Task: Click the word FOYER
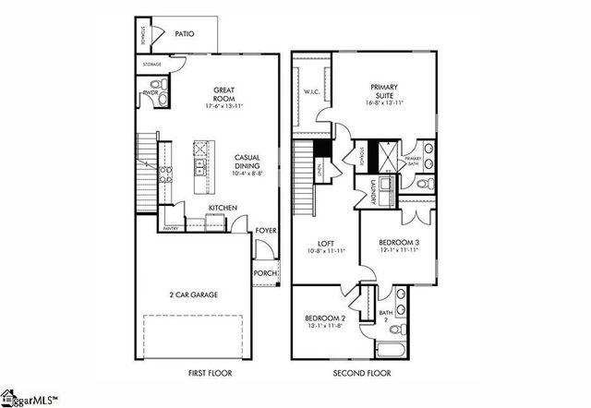click(265, 231)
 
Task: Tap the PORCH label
click(264, 274)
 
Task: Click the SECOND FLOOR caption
click(362, 374)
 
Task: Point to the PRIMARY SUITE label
click(384, 91)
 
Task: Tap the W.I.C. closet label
click(310, 93)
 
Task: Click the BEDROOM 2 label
click(325, 319)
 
